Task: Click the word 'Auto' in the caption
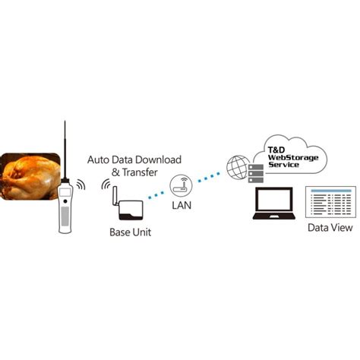[x=101, y=159]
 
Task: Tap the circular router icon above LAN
[x=180, y=184]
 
